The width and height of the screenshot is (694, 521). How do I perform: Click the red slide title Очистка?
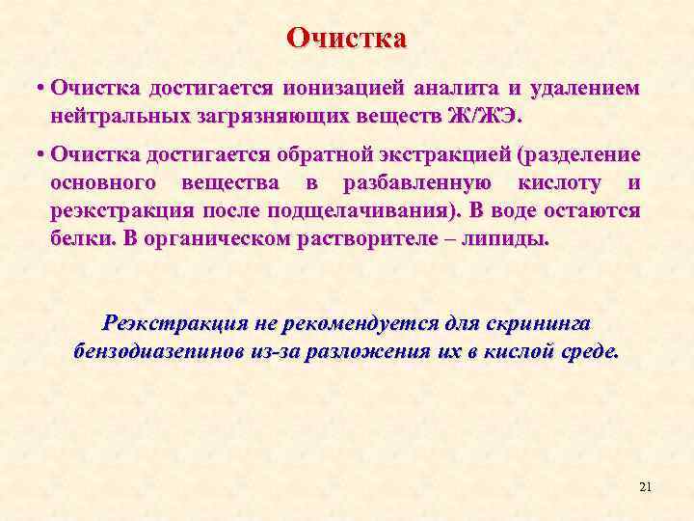tap(347, 38)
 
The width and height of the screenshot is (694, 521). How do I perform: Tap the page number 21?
tap(645, 487)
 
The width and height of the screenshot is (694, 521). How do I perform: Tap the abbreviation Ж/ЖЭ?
tap(485, 116)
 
